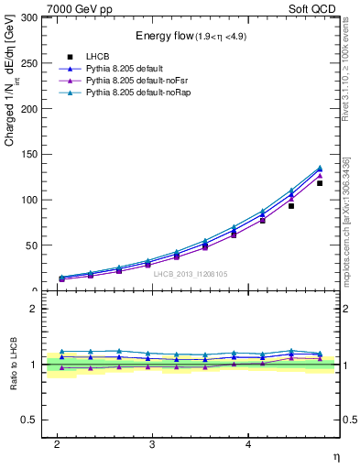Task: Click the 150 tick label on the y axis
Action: click(x=27, y=154)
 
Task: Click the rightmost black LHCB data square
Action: click(x=320, y=183)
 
